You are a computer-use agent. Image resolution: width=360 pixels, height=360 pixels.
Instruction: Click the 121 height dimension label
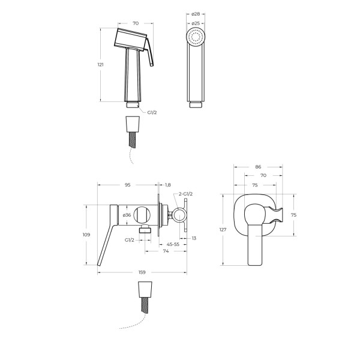101,65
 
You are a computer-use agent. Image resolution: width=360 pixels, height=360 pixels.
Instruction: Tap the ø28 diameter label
196,14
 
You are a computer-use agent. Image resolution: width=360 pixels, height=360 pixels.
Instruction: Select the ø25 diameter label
196,23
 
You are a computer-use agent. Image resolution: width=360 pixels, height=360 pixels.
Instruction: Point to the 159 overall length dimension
142,272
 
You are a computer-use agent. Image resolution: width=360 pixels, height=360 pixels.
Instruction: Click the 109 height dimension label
86,235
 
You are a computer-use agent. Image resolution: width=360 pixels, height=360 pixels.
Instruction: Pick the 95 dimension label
128,185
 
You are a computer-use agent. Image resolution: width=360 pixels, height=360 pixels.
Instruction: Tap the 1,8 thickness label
168,185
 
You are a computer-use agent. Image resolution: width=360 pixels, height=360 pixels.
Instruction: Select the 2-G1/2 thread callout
186,194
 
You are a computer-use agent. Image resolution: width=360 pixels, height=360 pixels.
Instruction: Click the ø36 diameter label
127,215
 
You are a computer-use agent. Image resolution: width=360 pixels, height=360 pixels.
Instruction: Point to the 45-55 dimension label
173,244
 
